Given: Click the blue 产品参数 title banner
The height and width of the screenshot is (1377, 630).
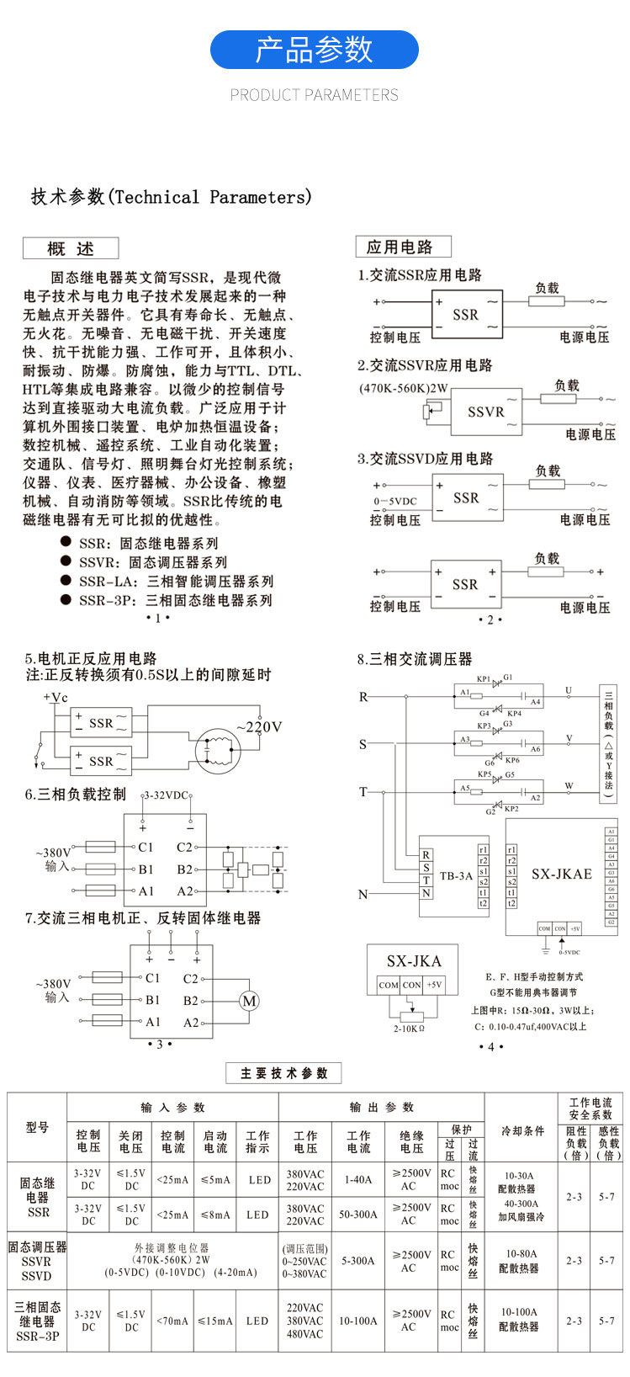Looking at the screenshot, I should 314,50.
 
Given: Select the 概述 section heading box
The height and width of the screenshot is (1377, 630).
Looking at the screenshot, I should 71,248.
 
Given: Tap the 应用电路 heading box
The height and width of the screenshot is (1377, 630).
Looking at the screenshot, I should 403,247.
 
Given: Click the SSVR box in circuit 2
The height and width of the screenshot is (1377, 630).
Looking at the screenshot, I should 486,412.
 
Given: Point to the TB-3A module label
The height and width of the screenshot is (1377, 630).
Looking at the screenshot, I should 456,875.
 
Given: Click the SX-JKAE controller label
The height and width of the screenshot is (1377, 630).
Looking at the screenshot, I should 561,875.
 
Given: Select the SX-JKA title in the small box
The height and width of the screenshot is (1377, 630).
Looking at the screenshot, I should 414,961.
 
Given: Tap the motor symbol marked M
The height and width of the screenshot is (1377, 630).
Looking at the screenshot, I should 249,1001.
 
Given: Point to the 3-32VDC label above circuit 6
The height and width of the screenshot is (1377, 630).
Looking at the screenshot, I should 167,795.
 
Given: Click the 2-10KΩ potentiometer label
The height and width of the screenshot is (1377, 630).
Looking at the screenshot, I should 410,1029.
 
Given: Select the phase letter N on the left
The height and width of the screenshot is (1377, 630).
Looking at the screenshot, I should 363,894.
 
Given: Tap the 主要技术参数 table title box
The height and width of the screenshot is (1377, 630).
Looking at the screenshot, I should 283,1073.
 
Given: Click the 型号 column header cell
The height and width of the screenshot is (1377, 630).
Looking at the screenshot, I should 37,1128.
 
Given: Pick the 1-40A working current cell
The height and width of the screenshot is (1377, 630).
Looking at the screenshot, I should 358,1180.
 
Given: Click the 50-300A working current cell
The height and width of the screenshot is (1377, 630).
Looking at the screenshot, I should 358,1215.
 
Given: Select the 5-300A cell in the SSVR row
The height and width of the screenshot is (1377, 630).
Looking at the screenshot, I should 358,1261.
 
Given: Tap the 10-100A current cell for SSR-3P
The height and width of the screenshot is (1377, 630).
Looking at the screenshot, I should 358,1321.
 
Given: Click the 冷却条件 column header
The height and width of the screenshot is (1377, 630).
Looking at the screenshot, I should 522,1130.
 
